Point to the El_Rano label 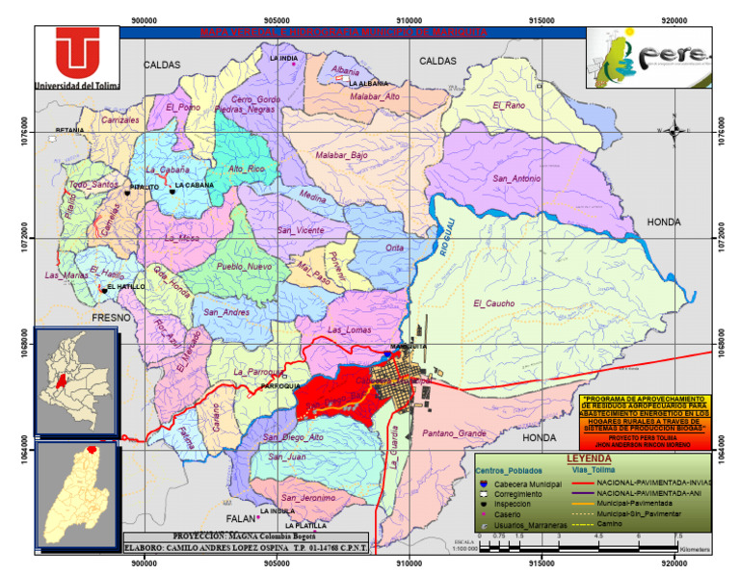[510, 104]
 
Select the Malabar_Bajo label [341, 155]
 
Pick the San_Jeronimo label [309, 498]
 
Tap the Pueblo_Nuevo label [245, 266]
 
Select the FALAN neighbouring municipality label [238, 491]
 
